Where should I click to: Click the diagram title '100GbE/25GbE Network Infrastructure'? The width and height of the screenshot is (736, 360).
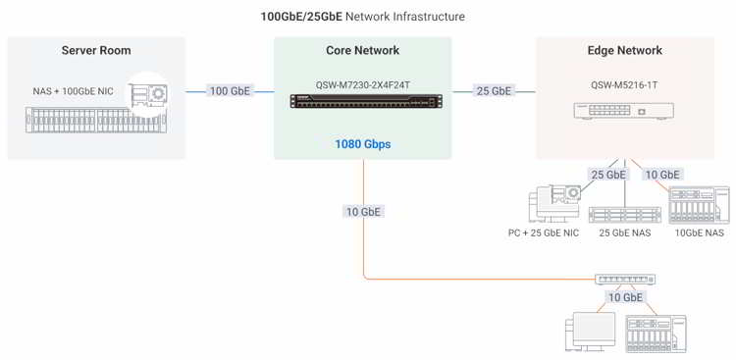362,17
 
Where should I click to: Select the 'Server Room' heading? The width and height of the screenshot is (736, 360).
95,51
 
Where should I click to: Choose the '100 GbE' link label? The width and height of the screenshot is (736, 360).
230,91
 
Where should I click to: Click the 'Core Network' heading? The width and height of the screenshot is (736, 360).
362,51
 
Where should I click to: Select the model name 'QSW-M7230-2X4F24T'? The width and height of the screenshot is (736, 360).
362,83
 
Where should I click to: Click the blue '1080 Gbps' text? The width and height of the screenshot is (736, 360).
362,144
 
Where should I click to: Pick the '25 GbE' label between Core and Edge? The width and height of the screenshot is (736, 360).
494,91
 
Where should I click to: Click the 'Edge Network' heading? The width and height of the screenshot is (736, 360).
624,51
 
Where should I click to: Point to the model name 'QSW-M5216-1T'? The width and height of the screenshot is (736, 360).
624,85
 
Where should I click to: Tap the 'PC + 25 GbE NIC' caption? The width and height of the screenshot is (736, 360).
543,233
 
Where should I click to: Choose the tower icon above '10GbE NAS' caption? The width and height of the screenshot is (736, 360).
699,205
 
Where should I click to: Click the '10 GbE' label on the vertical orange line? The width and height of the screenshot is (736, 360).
363,211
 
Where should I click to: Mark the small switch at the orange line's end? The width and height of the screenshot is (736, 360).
624,280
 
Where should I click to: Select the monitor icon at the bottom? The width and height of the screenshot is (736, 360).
590,331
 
